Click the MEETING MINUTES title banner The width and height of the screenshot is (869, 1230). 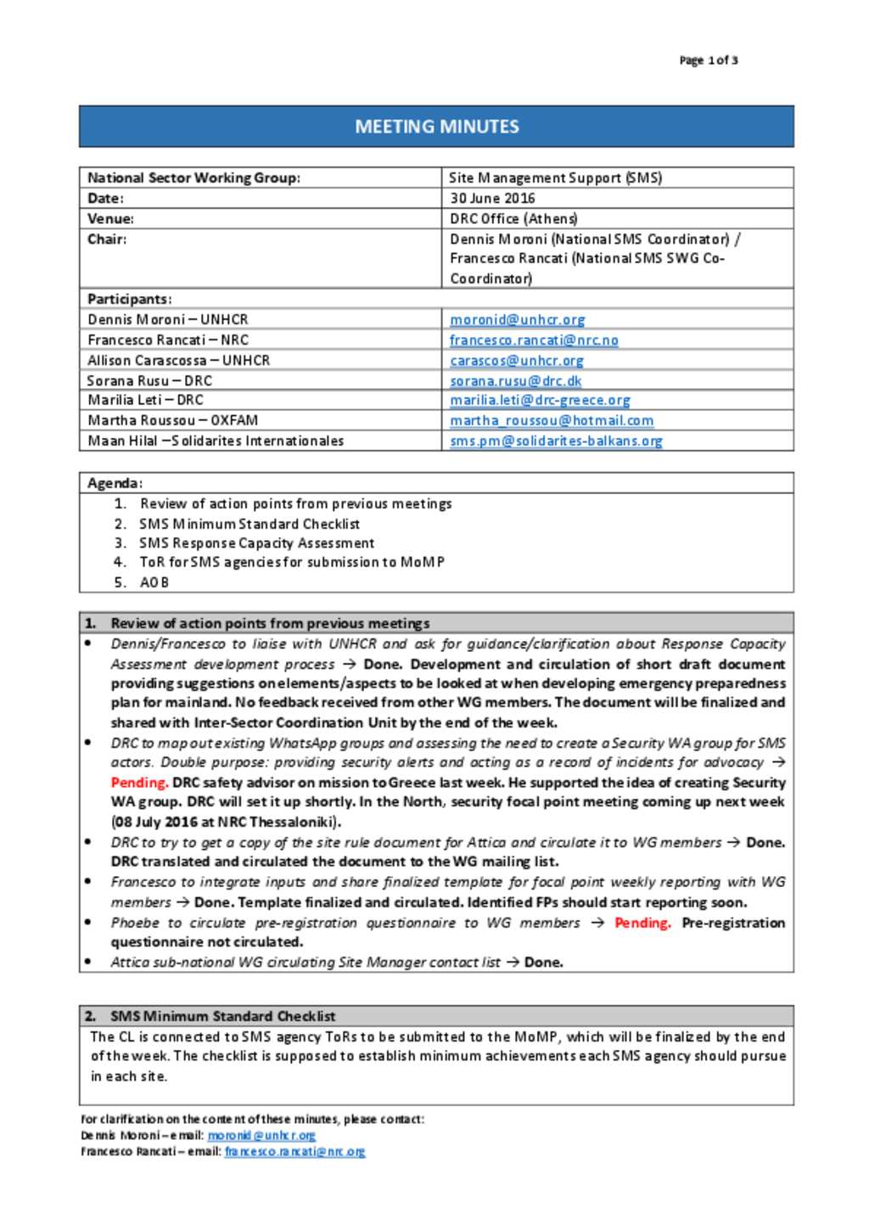[436, 126]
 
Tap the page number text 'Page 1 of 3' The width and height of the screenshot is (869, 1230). [708, 60]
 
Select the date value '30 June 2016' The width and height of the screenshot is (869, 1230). [492, 198]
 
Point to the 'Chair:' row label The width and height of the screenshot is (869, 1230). [107, 239]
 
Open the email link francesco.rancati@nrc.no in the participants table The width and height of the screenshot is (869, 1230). [534, 340]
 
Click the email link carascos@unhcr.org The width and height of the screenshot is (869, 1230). [516, 360]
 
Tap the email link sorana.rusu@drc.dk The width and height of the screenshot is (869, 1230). [515, 380]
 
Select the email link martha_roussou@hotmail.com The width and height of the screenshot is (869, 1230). [552, 420]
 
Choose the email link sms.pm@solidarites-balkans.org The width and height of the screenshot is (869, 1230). [556, 441]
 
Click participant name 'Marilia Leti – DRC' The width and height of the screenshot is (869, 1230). [145, 400]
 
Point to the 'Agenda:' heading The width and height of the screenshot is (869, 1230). [115, 483]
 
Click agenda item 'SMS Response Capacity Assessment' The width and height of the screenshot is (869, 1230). [256, 543]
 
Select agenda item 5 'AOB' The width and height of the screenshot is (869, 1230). [154, 582]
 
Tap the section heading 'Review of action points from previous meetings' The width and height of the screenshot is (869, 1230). [270, 623]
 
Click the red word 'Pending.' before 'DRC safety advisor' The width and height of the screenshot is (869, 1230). [139, 782]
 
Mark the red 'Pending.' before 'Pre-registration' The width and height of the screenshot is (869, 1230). [642, 923]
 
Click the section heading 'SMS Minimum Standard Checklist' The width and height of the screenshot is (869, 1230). [222, 1016]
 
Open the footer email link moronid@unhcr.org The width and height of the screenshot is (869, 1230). [261, 1135]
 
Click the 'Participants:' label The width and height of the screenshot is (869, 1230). [129, 299]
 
